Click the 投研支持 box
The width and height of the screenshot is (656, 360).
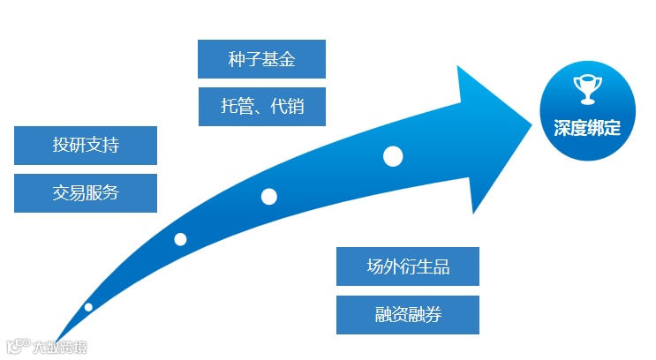point(86,146)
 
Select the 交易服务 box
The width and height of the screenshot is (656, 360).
point(86,193)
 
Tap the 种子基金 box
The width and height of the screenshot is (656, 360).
point(261,59)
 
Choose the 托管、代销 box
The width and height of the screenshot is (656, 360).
point(261,107)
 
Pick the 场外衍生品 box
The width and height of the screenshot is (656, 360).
point(408,266)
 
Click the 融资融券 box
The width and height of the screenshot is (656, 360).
point(408,315)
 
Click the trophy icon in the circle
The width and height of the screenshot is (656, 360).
point(586,90)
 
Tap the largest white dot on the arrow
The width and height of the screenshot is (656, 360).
point(393,157)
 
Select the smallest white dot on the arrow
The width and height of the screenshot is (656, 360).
point(88,307)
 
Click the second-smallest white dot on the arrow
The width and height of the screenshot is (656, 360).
point(180,239)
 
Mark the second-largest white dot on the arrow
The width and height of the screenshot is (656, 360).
point(269,197)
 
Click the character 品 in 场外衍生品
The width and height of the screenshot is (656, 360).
point(441,266)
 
